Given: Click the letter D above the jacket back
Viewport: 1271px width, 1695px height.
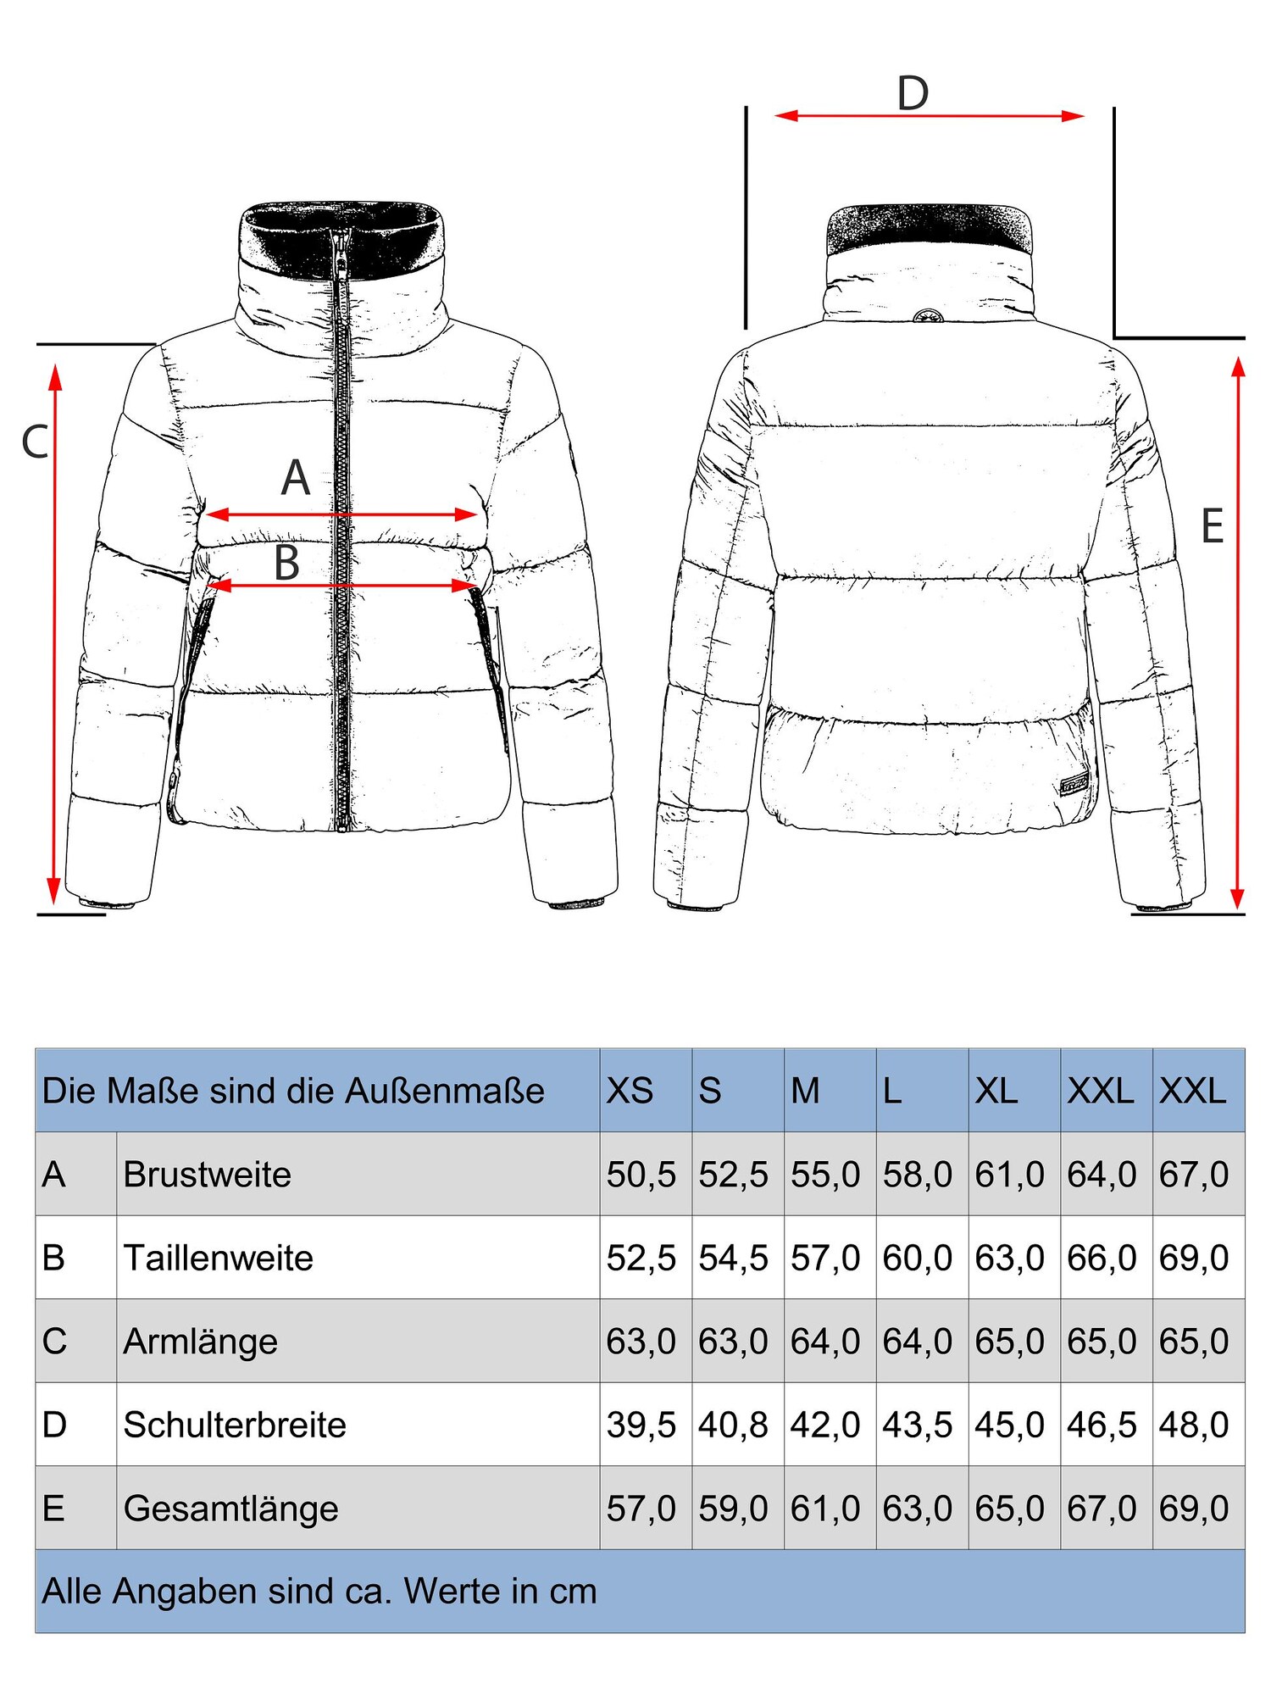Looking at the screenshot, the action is click(913, 94).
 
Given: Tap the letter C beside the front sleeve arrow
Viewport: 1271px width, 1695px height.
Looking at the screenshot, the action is click(35, 442).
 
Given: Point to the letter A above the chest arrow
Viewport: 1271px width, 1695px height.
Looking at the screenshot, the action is click(296, 478).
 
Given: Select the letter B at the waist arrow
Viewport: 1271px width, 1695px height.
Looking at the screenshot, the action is click(287, 563).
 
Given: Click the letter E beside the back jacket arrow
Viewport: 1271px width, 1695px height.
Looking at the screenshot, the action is click(1213, 526).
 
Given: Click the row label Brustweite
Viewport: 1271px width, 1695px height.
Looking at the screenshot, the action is click(207, 1175).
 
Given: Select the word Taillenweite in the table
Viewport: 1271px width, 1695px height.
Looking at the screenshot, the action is click(218, 1258).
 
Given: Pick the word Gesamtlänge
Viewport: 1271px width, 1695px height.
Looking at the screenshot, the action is click(230, 1509).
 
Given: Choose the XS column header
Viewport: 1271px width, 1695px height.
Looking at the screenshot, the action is click(630, 1091).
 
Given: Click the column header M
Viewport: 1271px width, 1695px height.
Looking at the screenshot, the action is click(805, 1091).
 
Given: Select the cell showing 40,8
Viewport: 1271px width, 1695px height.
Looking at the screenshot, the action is click(733, 1425).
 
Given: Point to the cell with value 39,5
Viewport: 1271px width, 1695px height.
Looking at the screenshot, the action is click(641, 1425).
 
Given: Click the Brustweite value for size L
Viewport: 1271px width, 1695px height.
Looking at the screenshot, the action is click(918, 1175).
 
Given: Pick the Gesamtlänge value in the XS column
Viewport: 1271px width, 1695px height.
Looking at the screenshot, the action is click(641, 1509).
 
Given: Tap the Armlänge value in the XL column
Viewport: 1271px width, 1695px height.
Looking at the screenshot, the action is click(1009, 1342).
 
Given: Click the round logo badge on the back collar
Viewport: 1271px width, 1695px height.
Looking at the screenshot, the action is click(929, 316).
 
